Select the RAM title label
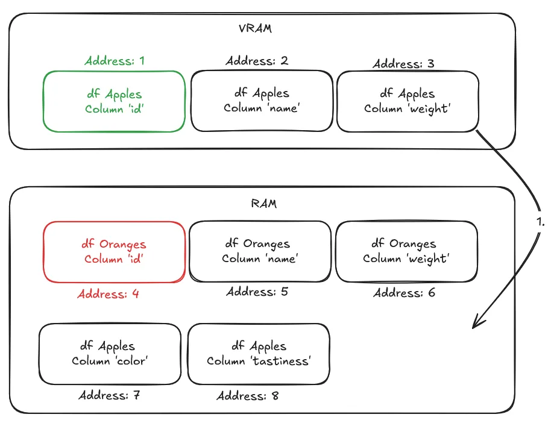pos(263,203)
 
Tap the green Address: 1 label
pos(114,60)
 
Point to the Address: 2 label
pos(257,61)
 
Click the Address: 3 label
pos(403,63)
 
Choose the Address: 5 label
pos(257,292)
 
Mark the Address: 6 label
pos(404,293)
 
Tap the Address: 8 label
pos(247,396)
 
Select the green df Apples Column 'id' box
pos(114,101)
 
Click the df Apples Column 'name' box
pos(262,101)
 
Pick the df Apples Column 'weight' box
pos(408,101)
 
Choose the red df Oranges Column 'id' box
pos(114,251)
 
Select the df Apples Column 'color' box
pos(110,354)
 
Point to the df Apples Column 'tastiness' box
pos(259,354)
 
